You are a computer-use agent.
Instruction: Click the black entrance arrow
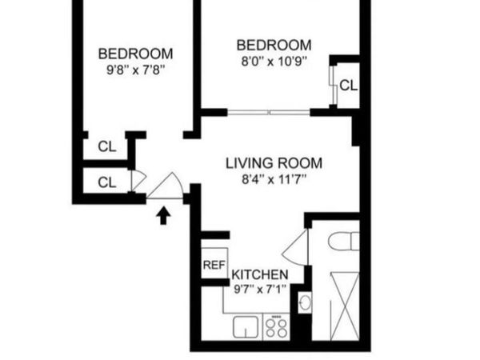coord(163,214)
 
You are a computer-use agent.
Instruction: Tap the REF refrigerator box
coord(212,264)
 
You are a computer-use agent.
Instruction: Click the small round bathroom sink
coord(305,303)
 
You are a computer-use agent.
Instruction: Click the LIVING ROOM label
coord(267,163)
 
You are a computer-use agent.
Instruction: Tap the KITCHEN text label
coord(260,274)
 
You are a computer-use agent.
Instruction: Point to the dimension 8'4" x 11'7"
coord(267,180)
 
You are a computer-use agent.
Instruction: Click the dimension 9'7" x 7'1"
coord(260,288)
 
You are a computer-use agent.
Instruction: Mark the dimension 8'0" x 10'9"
coord(274,61)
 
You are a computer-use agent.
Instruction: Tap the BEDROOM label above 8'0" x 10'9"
coord(274,44)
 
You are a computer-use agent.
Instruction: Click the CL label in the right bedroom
coord(348,85)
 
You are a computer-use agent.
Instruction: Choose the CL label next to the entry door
coord(107,182)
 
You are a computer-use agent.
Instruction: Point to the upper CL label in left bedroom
coord(107,146)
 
